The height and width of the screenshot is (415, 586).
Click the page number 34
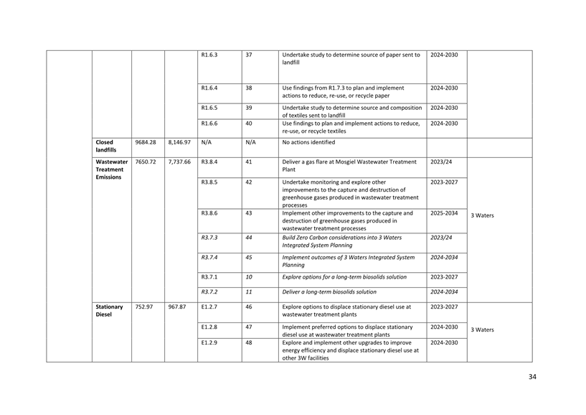(x=531, y=377)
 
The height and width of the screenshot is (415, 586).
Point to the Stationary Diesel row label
(x=109, y=311)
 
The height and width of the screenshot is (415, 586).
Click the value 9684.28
(x=146, y=142)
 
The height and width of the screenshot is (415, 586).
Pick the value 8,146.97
(x=179, y=142)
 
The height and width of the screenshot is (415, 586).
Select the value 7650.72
(x=146, y=162)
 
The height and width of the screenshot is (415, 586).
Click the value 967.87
(x=177, y=307)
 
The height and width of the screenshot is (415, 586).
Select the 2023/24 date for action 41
(x=441, y=162)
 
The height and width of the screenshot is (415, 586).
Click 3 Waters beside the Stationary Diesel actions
(x=482, y=330)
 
